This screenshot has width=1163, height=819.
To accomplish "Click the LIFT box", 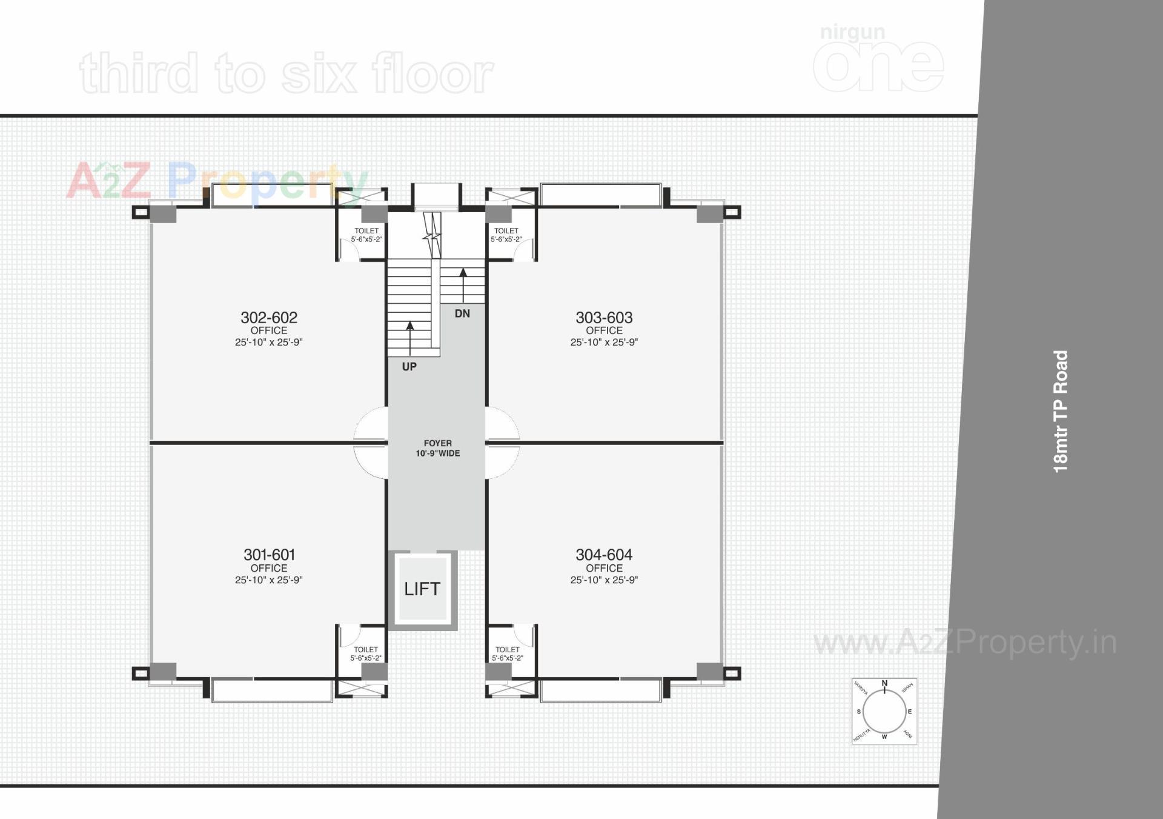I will pyautogui.click(x=422, y=589).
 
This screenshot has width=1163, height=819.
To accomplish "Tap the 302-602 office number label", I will pyautogui.click(x=269, y=317).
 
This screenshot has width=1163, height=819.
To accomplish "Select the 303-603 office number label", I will pyautogui.click(x=604, y=317).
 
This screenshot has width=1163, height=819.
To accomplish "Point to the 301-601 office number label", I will pyautogui.click(x=269, y=554).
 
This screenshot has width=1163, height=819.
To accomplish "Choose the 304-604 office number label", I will pyautogui.click(x=604, y=554).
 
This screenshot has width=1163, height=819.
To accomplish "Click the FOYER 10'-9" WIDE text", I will pyautogui.click(x=437, y=448).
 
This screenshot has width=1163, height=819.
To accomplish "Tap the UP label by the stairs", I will pyautogui.click(x=409, y=366).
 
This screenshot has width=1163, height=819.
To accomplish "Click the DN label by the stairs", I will pyautogui.click(x=462, y=313).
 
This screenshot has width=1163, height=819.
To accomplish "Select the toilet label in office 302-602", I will pyautogui.click(x=366, y=235).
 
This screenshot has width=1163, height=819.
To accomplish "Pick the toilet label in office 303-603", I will pyautogui.click(x=506, y=235).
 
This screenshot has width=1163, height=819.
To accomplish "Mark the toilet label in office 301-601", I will pyautogui.click(x=366, y=654).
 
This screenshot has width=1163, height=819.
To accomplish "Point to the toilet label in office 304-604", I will pyautogui.click(x=507, y=654).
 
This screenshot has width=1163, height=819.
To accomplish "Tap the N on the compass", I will pyautogui.click(x=884, y=684).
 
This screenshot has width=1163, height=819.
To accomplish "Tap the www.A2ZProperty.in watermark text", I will pyautogui.click(x=964, y=643).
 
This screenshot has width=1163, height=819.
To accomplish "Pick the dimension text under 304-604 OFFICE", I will pyautogui.click(x=604, y=580).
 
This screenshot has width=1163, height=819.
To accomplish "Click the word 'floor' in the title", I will pyautogui.click(x=432, y=74).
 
